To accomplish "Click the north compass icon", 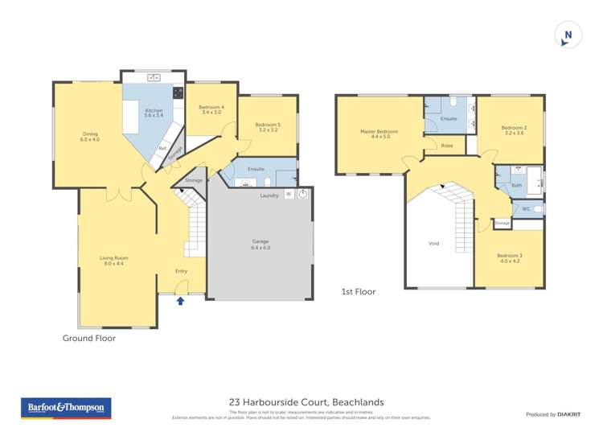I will point(568,35).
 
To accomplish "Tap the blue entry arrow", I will point(180,301).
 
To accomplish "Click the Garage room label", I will point(260,245).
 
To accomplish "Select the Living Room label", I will point(114,261).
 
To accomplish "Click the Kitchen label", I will point(154,113).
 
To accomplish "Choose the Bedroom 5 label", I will point(266,126).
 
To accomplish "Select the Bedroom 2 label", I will point(513,130).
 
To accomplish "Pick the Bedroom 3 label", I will point(511,258).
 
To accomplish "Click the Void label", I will point(434,242).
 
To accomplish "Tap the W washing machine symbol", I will point(289,195).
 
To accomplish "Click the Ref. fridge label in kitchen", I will point(162,148).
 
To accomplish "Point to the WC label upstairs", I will point(526,208).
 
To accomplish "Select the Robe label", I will point(447,146).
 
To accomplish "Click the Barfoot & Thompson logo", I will point(65,408).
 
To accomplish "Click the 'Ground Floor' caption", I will point(89,339).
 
